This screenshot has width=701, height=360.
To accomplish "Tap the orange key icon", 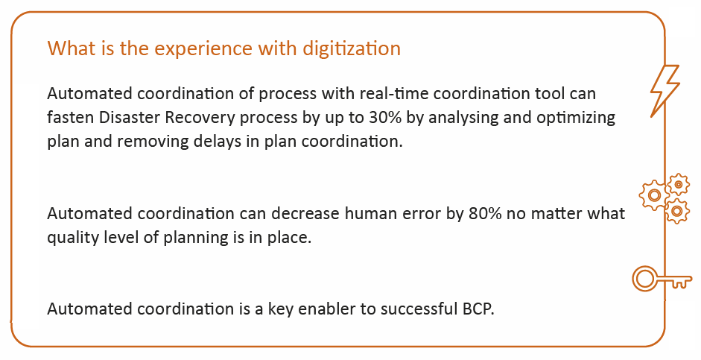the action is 662,279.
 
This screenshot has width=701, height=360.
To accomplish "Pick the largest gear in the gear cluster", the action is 653,195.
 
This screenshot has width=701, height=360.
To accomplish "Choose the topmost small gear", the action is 679,184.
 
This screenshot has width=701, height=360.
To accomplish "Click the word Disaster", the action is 130,118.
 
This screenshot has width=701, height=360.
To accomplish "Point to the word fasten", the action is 71,118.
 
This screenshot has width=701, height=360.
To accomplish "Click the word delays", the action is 230,142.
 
